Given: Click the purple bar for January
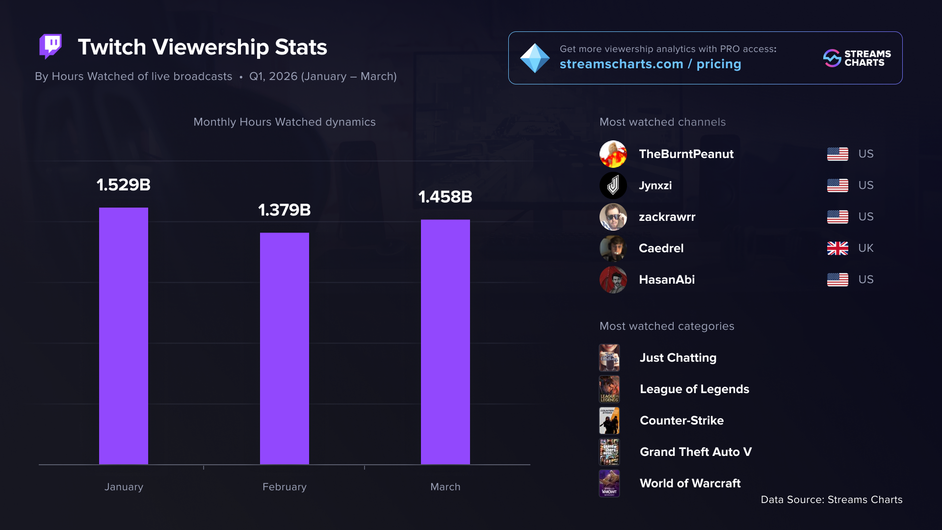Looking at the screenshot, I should pyautogui.click(x=124, y=336).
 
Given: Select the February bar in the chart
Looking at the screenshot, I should pyautogui.click(x=285, y=348).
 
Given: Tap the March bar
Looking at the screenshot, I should pyautogui.click(x=445, y=342).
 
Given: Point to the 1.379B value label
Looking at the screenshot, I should pyautogui.click(x=285, y=210).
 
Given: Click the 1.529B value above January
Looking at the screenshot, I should pyautogui.click(x=124, y=185).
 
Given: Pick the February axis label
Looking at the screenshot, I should pyautogui.click(x=285, y=487).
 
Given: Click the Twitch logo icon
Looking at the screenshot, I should pyautogui.click(x=51, y=47).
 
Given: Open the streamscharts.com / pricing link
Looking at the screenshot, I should pyautogui.click(x=650, y=64).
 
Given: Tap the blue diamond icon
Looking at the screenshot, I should pyautogui.click(x=535, y=58).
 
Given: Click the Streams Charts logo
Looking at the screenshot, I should pyautogui.click(x=857, y=58).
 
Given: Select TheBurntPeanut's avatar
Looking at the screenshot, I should pyautogui.click(x=613, y=154).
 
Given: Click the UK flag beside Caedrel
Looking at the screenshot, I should pyautogui.click(x=837, y=248).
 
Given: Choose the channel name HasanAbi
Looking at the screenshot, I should pyautogui.click(x=667, y=280).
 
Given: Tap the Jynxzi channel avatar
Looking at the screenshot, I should pyautogui.click(x=613, y=185).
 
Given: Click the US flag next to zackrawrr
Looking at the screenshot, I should pyautogui.click(x=837, y=217).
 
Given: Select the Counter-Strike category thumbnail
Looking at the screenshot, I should pyautogui.click(x=609, y=421).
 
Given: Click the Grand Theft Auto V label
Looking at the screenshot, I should pyautogui.click(x=696, y=452).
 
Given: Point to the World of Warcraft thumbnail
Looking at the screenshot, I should pyautogui.click(x=609, y=483).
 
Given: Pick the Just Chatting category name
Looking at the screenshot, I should pyautogui.click(x=678, y=358).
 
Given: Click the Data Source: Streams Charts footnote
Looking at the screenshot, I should pyautogui.click(x=832, y=500).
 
